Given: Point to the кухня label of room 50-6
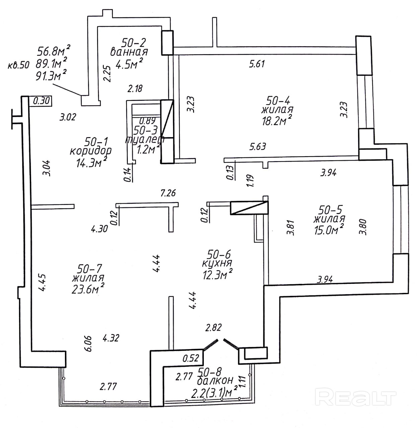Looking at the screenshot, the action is point(217,263).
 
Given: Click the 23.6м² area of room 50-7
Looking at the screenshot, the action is point(88,288).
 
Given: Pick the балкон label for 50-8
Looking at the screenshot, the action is point(215,381).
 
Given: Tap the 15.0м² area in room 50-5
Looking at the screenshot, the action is point(329,230).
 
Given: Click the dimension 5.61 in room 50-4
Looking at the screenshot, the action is point(257,64).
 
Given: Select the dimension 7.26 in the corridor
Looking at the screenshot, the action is point(168,193).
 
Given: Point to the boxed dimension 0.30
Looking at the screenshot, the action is point(41,101).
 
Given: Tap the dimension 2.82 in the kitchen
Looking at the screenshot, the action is point(213,327).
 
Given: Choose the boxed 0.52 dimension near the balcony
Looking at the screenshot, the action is point(191,358).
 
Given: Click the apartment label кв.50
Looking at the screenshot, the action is point(18,65).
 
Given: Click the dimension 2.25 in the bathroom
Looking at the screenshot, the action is point(107,74).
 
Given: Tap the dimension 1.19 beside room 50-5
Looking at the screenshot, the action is point(250,181).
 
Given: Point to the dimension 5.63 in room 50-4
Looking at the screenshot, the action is point(258,146).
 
